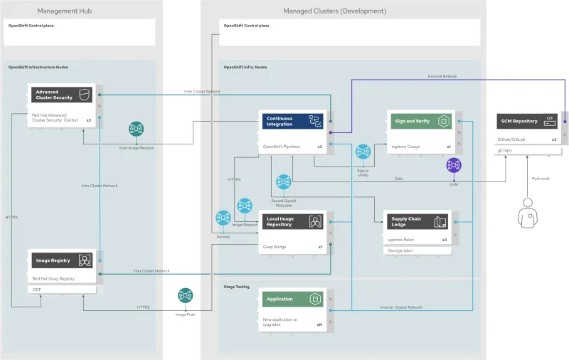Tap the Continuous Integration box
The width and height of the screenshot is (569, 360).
[292, 122]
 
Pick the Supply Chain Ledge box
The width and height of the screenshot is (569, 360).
[417, 221]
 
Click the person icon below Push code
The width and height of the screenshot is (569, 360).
[527, 213]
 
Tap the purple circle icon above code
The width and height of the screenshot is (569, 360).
[454, 166]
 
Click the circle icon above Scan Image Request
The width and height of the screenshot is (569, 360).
[137, 129]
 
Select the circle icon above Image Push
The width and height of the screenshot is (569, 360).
[186, 295]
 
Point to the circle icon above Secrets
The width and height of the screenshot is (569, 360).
[223, 218]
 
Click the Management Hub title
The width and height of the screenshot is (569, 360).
[64, 11]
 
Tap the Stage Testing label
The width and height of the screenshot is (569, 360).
[237, 287]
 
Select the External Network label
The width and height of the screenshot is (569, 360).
[442, 76]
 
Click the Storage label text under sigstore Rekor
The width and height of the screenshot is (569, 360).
[400, 250]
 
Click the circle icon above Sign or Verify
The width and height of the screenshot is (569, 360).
[363, 152]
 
